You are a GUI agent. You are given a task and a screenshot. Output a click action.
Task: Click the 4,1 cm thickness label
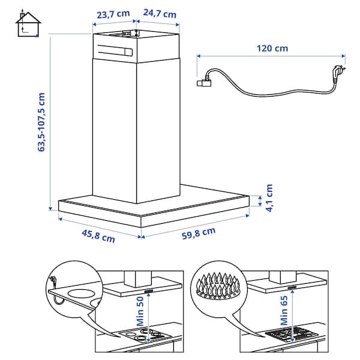pos(270,198)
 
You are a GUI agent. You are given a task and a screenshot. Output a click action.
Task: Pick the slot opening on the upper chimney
pos(126,52)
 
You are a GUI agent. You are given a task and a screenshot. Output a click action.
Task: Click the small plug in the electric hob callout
pos(55,279)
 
